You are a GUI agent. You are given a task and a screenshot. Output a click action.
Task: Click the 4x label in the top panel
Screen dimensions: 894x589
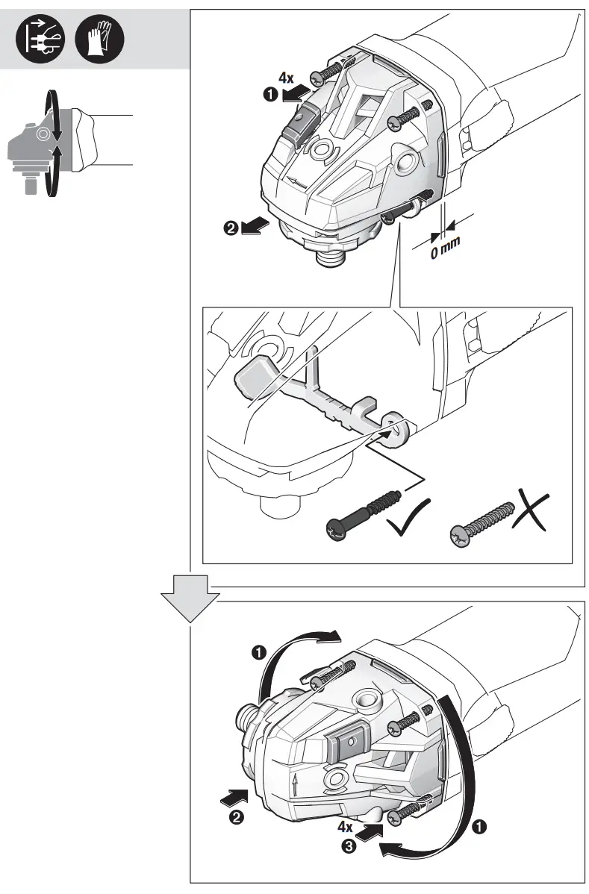[x=286, y=78]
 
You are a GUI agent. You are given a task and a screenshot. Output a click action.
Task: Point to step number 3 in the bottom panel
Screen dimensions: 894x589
[x=349, y=846]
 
